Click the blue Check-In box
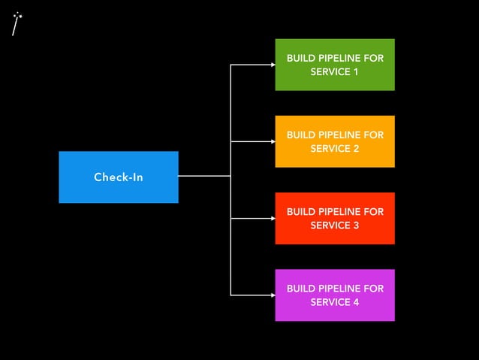[119, 177]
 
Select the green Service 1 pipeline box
[334, 65]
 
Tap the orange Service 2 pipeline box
[334, 141]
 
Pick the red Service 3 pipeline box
[334, 218]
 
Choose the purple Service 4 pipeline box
[334, 295]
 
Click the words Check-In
[119, 177]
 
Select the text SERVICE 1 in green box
[334, 72]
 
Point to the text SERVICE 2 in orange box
[334, 149]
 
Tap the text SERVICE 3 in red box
[334, 225]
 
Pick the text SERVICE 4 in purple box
[334, 302]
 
